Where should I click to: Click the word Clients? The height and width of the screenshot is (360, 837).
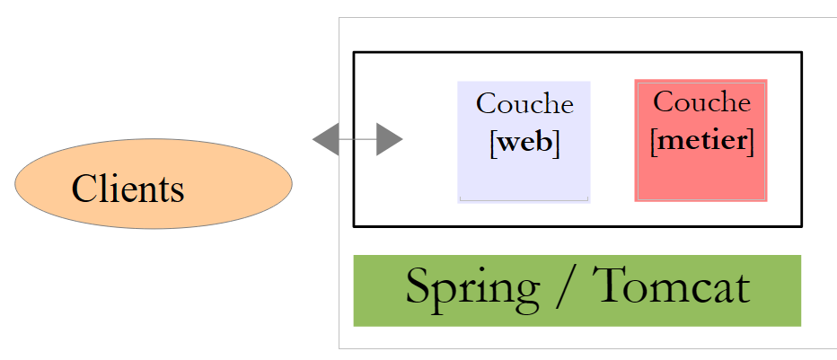[128, 189]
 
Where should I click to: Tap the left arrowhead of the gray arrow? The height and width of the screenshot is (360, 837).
[324, 139]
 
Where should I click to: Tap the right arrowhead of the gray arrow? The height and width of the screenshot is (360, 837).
[389, 139]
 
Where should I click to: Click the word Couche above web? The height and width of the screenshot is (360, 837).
[524, 104]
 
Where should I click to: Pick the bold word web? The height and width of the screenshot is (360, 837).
[524, 143]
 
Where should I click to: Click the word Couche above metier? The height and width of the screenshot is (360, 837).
[701, 102]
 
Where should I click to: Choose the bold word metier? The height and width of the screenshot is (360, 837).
[701, 140]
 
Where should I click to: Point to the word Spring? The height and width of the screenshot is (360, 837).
[472, 288]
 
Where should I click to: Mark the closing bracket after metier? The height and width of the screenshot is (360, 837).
[750, 141]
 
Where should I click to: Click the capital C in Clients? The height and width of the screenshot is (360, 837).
[84, 189]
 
